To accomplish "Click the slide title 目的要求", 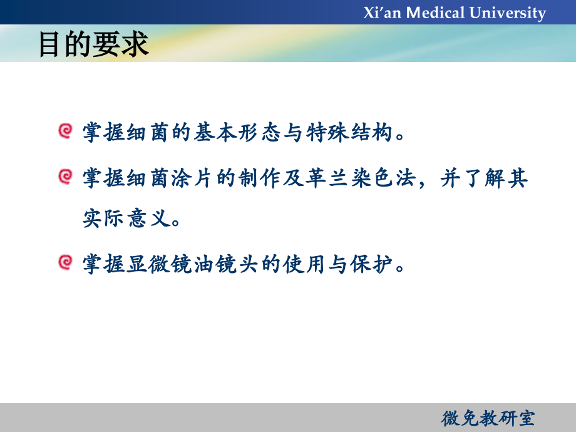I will (94, 44).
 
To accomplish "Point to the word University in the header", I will (507, 13).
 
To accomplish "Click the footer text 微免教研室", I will (488, 418).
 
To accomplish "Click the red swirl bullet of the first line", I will (64, 131).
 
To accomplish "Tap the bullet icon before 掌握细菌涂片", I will (64, 177).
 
